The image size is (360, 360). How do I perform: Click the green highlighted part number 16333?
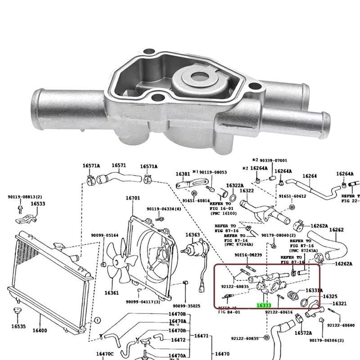pos(264,305)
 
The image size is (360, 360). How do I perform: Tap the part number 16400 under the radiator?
pos(40,331)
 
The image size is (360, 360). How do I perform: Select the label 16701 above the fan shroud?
pos(133,198)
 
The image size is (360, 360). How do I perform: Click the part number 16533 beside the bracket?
pos(38,204)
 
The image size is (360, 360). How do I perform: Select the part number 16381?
pos(183,174)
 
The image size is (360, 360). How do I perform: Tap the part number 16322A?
pos(234,185)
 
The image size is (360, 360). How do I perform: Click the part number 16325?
pos(330,296)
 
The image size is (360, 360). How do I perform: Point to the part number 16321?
pos(339,304)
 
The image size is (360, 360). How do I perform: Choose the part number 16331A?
pos(314,290)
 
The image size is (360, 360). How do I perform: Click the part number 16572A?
pos(303,333)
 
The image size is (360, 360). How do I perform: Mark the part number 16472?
pos(179,340)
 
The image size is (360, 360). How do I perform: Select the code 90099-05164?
pos(104,235)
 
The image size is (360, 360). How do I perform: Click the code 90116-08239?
pos(248,255)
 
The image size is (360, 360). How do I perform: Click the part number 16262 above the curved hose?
pos(336,230)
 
